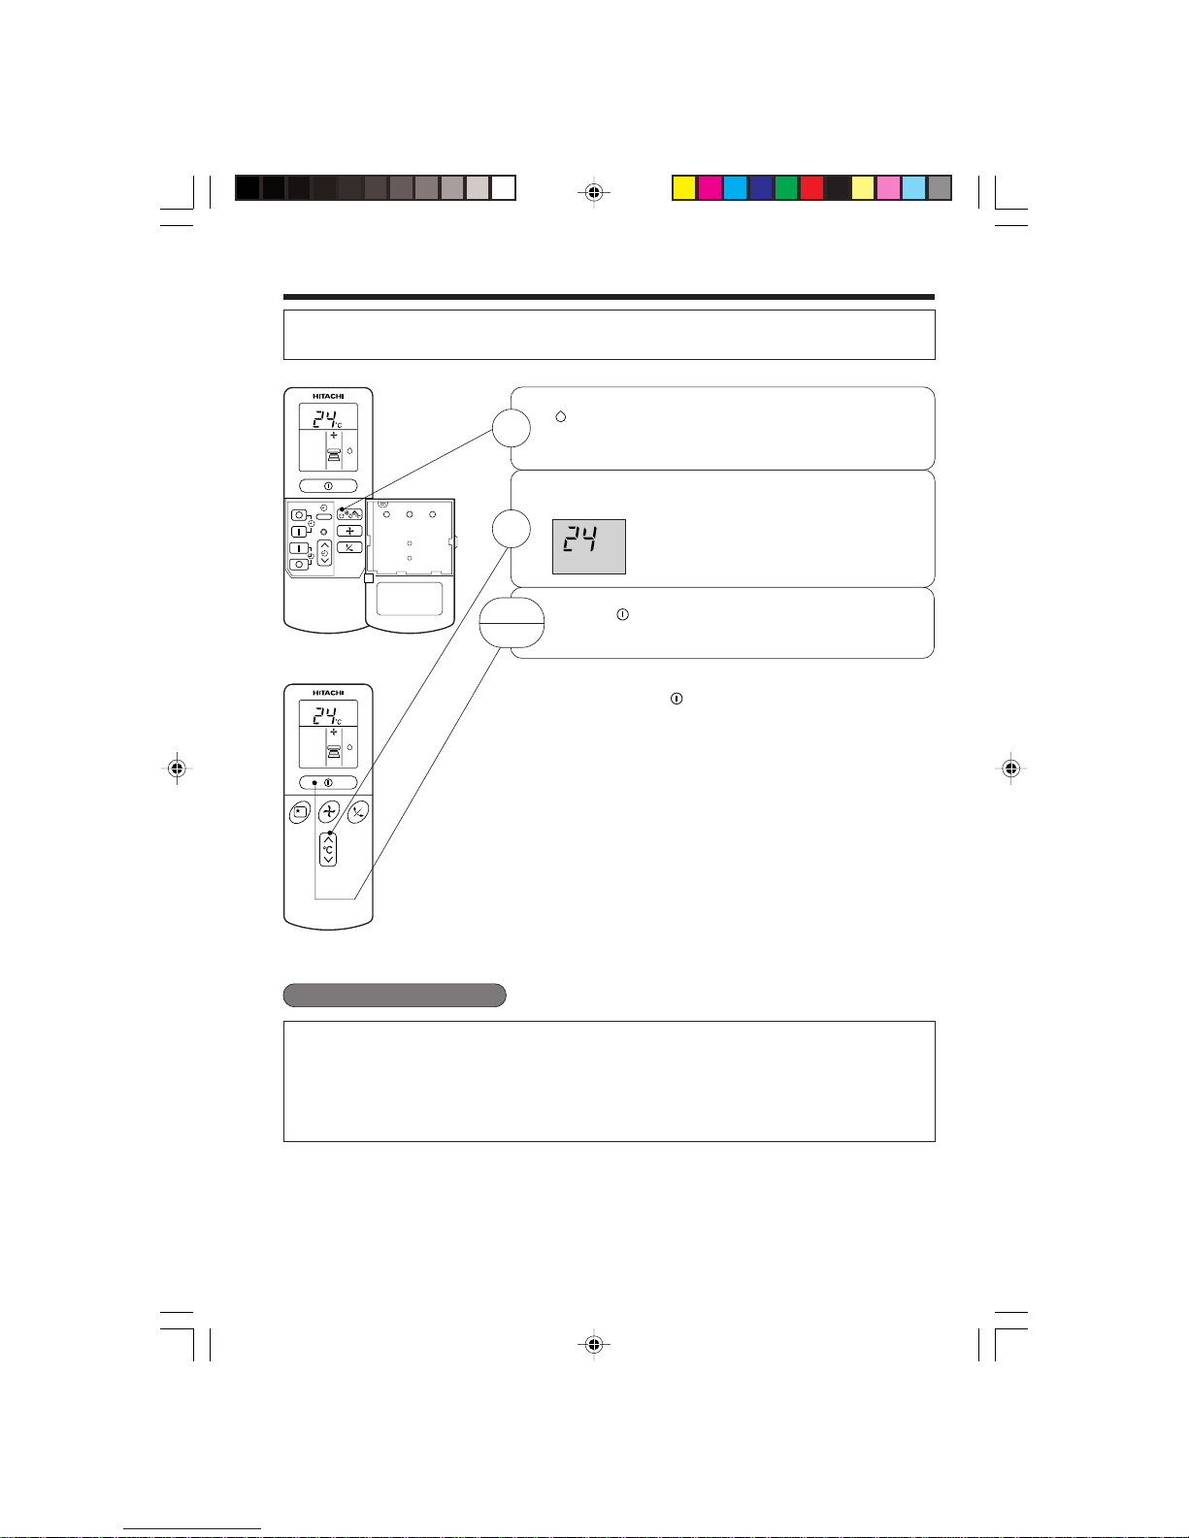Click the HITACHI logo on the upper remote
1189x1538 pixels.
[x=328, y=396]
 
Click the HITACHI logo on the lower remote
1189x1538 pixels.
[x=328, y=693]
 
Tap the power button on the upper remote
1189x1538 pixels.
[x=328, y=486]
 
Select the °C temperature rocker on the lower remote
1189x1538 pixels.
[x=328, y=849]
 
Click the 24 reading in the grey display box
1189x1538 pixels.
[x=580, y=540]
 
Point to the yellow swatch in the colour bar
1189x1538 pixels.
[x=683, y=188]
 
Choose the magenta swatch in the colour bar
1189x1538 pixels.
[x=710, y=188]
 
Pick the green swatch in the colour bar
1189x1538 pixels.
[x=785, y=188]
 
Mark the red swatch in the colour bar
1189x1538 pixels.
[x=811, y=188]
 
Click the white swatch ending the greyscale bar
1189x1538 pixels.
[x=503, y=188]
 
